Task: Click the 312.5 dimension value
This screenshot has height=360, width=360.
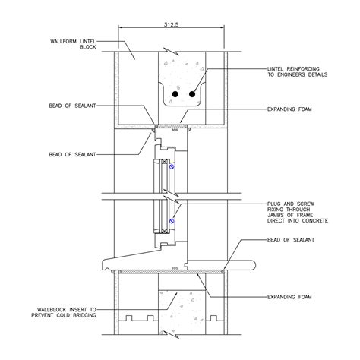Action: (x=172, y=24)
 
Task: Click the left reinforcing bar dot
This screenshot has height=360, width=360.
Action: (x=175, y=94)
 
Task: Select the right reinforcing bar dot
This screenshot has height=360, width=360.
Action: (x=192, y=94)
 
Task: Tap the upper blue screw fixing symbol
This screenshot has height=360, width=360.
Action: (x=172, y=166)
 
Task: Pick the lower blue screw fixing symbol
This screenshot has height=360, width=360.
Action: (x=172, y=221)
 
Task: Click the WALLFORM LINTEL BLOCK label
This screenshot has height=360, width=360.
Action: (x=73, y=44)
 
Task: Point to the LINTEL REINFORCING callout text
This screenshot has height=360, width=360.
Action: (x=298, y=71)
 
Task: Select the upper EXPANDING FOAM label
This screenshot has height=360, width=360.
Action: (x=289, y=109)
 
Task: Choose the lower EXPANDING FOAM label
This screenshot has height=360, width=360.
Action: (x=289, y=297)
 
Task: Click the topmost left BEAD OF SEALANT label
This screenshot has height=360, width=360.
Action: (x=72, y=106)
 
